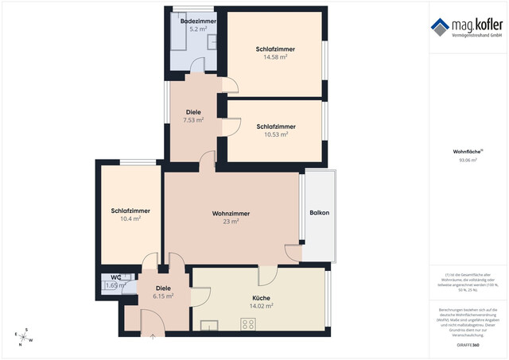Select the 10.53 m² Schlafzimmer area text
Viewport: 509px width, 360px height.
click(x=277, y=134)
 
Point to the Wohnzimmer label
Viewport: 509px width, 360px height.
click(x=231, y=213)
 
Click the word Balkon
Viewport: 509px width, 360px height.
click(x=319, y=213)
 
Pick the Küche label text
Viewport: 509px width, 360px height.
click(x=262, y=298)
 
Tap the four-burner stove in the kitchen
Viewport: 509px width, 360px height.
click(x=248, y=323)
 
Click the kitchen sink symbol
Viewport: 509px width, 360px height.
click(x=210, y=324)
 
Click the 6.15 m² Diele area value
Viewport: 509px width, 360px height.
click(x=163, y=296)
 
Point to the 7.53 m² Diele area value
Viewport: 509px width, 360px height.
click(x=193, y=120)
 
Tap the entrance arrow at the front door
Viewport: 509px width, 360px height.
click(x=153, y=335)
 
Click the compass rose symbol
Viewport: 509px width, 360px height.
click(x=24, y=337)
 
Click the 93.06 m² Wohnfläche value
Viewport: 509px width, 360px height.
click(x=468, y=160)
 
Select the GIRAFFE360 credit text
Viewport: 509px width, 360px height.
click(x=468, y=345)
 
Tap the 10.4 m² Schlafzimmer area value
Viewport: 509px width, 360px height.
click(x=130, y=219)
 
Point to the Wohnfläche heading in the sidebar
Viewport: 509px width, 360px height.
click(x=467, y=151)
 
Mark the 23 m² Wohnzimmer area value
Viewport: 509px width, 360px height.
click(x=231, y=222)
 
